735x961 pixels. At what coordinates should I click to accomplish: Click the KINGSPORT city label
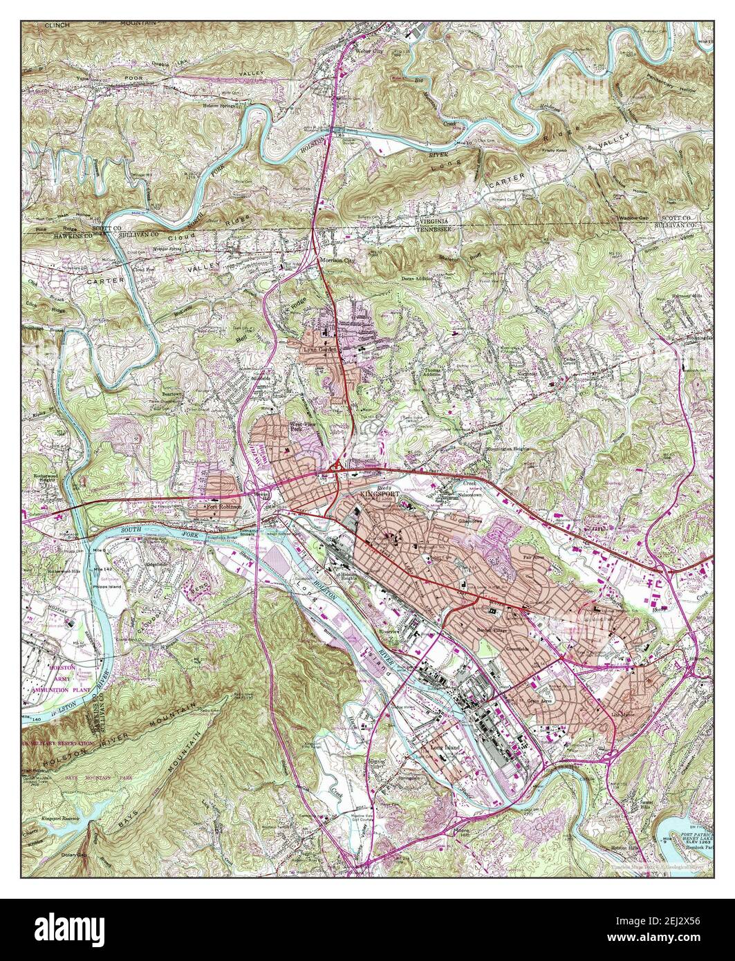pos(380,496)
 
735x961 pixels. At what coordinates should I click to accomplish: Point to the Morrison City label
pos(336,261)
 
